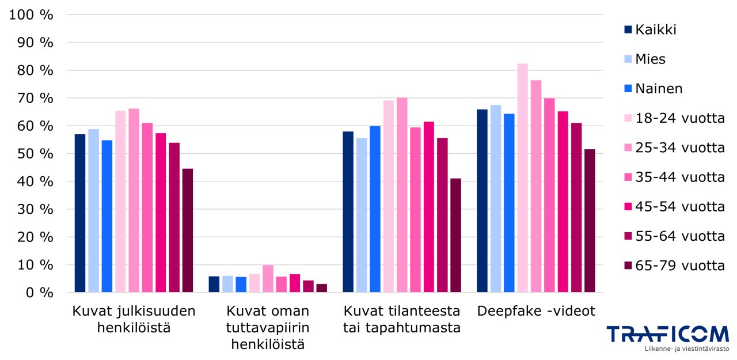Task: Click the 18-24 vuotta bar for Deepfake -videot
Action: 522,178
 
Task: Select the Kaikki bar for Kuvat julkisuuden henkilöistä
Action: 80,213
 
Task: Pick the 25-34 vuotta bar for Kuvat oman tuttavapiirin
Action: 268,279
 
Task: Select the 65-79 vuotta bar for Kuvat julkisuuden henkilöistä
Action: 187,230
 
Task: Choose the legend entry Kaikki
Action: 655,29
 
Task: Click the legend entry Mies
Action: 650,59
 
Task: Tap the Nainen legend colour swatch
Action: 628,89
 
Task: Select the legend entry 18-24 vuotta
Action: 679,118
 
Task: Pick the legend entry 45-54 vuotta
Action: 679,207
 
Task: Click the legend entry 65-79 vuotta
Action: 679,266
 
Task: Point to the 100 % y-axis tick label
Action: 32,15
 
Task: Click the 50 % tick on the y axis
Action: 35,154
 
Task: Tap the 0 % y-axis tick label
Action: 39,293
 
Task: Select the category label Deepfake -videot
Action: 536,312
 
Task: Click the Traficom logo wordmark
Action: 667,334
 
